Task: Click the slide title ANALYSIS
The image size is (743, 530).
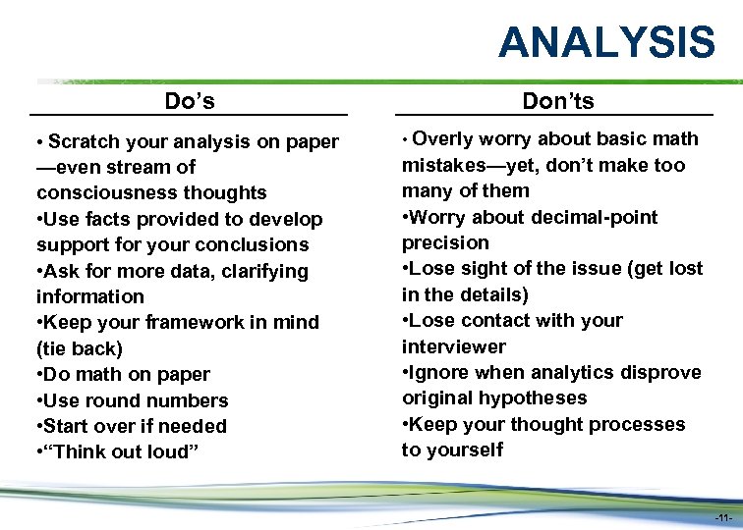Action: pyautogui.click(x=606, y=42)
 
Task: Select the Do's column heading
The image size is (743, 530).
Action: pyautogui.click(x=190, y=101)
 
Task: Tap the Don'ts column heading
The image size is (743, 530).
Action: pyautogui.click(x=558, y=101)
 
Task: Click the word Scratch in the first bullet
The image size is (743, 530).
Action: pyautogui.click(x=83, y=142)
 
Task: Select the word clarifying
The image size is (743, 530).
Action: pyautogui.click(x=256, y=271)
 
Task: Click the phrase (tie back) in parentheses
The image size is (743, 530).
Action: pyautogui.click(x=80, y=348)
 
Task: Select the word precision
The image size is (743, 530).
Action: pyautogui.click(x=445, y=242)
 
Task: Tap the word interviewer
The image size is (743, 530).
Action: pyautogui.click(x=453, y=346)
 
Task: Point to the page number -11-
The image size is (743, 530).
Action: pyautogui.click(x=722, y=517)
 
